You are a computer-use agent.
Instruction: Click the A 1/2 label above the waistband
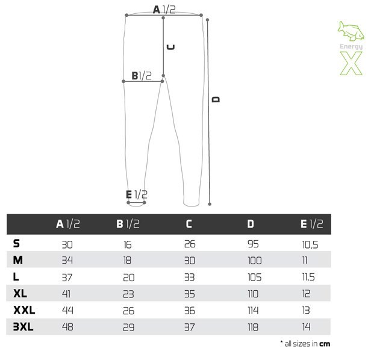click(164, 10)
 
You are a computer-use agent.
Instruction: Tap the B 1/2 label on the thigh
click(142, 76)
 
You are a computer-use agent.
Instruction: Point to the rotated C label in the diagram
click(170, 47)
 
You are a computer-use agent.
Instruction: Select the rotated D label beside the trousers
click(216, 99)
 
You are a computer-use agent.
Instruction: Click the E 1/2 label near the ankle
click(137, 194)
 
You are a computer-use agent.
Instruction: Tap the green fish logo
click(351, 31)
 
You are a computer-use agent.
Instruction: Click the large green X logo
click(351, 63)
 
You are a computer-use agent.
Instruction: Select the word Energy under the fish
click(351, 46)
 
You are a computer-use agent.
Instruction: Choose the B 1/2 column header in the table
click(128, 224)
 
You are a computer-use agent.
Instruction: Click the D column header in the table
click(251, 224)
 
